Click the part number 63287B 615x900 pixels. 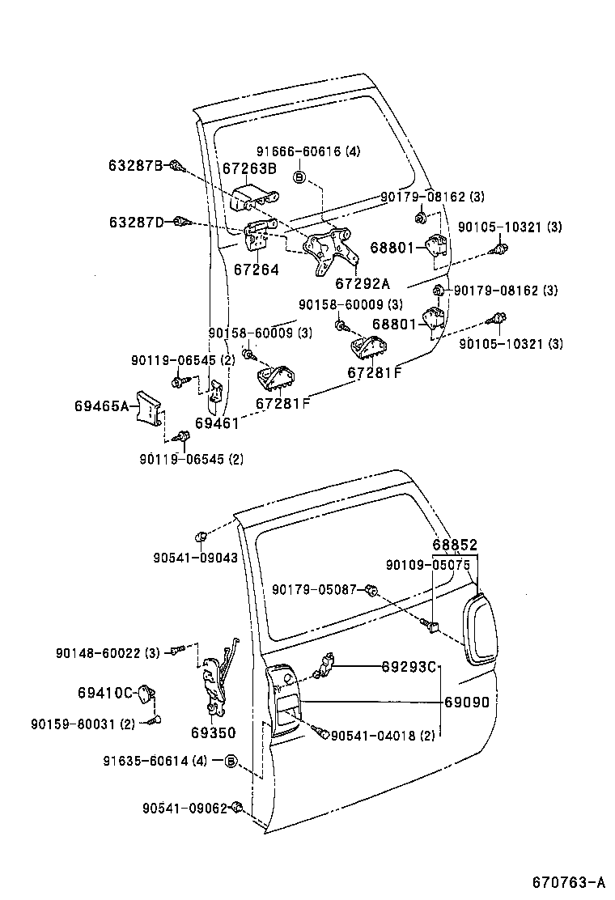click(136, 165)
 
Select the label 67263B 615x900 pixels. click(249, 168)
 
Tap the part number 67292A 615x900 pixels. click(363, 283)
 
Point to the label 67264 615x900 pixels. click(257, 270)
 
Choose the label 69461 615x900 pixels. click(217, 423)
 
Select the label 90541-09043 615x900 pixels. click(195, 557)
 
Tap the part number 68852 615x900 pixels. click(454, 546)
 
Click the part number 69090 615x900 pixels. click(467, 703)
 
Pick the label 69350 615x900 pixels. click(213, 733)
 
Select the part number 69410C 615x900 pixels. click(105, 693)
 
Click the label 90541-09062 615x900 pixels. click(184, 808)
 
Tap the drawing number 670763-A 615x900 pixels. click(568, 881)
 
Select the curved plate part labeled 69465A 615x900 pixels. click(149, 406)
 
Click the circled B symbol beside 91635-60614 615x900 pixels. click(230, 761)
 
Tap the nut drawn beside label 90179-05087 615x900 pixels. click(371, 590)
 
